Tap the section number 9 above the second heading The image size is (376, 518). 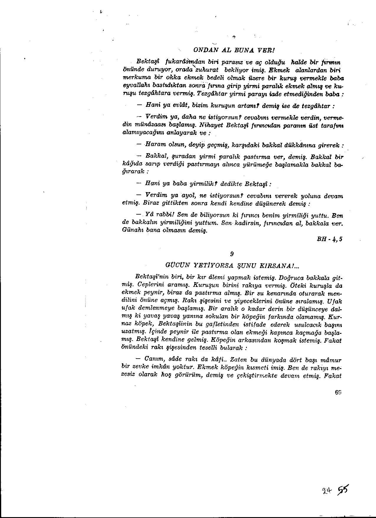click(232, 254)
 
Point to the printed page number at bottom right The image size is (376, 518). click(338, 393)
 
